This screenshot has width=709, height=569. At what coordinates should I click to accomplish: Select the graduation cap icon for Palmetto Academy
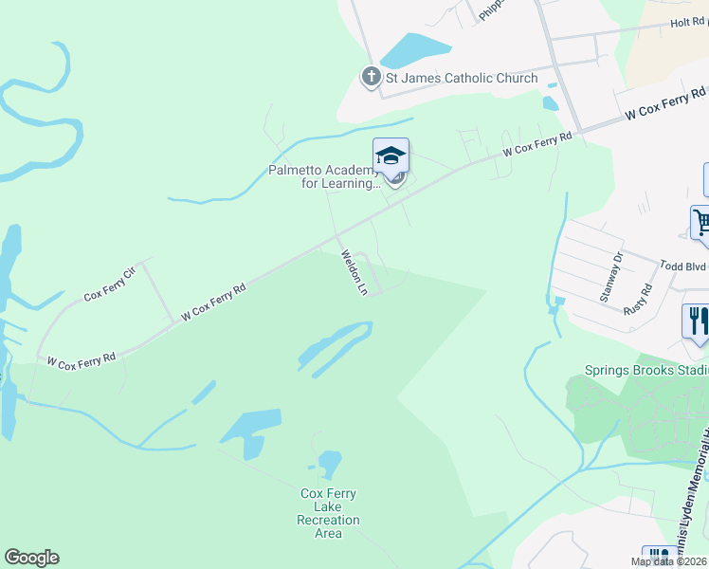[391, 156]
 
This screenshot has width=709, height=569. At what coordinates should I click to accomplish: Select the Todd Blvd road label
[682, 267]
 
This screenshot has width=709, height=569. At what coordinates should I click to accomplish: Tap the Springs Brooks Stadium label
[645, 371]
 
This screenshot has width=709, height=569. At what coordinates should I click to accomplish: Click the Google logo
[31, 558]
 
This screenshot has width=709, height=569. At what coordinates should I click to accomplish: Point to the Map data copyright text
[668, 561]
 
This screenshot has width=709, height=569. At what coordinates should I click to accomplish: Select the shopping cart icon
[701, 225]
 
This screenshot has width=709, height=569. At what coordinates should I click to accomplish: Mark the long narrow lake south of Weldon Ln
[335, 345]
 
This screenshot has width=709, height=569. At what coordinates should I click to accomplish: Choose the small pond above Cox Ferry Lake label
[329, 464]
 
